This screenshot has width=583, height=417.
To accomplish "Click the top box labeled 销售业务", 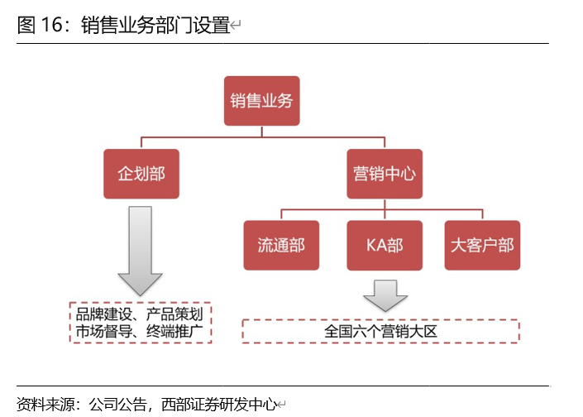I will pos(262,102).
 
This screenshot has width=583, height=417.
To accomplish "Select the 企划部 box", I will pos(141,174).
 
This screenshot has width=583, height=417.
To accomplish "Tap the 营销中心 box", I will pos(384,174).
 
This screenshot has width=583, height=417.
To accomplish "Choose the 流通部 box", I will pos(281,245).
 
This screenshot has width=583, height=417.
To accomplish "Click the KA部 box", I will pos(384,245).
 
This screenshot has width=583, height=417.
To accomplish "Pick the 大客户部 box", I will pos(482,245).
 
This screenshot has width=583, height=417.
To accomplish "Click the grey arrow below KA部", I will pos(385,295).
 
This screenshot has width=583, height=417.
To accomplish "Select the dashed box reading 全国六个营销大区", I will pos(380,331).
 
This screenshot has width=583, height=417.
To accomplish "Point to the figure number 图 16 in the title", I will pos(39,25).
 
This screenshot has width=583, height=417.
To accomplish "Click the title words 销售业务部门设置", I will pos(155,25).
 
